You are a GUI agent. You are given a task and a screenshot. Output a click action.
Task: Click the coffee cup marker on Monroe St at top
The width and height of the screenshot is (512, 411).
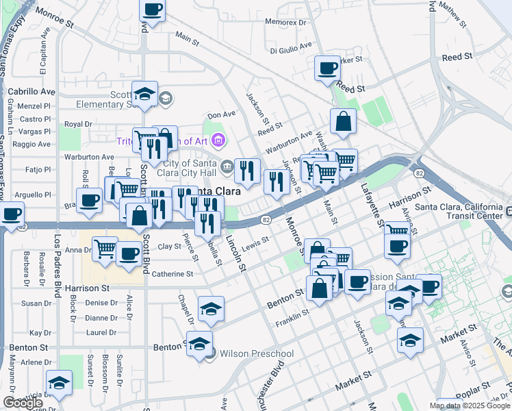pyautogui.click(x=153, y=10)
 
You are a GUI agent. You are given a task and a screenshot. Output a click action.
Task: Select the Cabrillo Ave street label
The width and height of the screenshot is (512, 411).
pyautogui.click(x=31, y=91)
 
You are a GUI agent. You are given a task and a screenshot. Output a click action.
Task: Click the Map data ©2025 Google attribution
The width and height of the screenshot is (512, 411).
pyautogui.click(x=470, y=406)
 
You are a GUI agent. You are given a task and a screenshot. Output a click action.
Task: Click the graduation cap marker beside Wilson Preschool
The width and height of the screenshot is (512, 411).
pyautogui.click(x=199, y=344)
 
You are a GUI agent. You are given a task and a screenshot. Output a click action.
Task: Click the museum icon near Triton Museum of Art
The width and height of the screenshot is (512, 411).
pyautogui.click(x=218, y=141)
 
